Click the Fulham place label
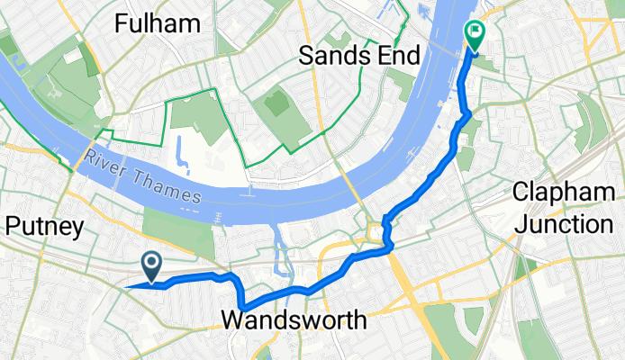[x=158, y=23]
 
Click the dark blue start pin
[x=151, y=265]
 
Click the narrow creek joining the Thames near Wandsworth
[x=278, y=247]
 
